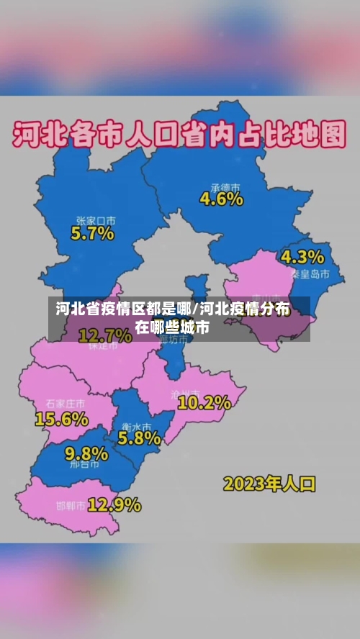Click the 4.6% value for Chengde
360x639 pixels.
221,199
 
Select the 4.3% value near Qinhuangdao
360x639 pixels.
302,257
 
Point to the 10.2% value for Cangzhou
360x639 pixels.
204,403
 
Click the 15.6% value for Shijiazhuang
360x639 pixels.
61,418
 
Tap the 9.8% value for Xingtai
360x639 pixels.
86,453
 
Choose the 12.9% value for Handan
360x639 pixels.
114,505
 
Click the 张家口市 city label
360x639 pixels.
96,219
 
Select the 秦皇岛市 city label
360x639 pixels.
310,274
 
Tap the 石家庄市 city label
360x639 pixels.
65,403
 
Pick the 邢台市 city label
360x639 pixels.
86,466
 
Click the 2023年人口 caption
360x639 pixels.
269,483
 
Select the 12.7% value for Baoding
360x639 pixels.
105,335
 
